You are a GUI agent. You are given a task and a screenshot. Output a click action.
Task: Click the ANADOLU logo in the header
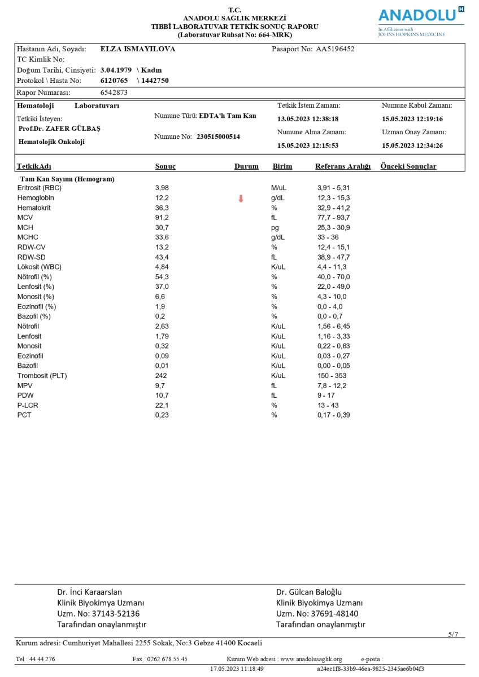point(421,15)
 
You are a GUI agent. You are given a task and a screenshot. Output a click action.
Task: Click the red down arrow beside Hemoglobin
point(241,198)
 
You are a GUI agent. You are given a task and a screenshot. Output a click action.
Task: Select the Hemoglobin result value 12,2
point(162,198)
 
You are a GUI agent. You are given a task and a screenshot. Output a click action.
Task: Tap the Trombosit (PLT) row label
point(40,376)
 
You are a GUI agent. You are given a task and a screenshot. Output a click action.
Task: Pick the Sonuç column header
point(166,166)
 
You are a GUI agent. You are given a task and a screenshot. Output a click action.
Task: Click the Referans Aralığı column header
point(343,166)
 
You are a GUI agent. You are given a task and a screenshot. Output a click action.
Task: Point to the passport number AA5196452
point(335,49)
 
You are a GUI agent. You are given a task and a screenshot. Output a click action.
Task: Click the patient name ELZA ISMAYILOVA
point(138,49)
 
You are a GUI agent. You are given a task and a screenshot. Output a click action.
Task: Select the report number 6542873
point(114,93)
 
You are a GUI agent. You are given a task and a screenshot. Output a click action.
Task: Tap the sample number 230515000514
point(218,137)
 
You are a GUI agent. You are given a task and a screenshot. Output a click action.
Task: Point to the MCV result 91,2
point(162,218)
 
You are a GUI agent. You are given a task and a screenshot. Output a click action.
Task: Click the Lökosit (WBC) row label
point(40,267)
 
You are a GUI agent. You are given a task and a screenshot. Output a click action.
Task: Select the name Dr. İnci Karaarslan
point(89,592)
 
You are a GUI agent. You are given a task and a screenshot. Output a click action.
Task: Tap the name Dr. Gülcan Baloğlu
point(310,592)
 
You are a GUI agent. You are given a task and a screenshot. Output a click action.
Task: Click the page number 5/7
point(453,635)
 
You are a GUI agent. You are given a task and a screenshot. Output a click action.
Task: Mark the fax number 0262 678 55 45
point(168,659)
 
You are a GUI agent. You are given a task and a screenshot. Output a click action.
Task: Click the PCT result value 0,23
point(162,415)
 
